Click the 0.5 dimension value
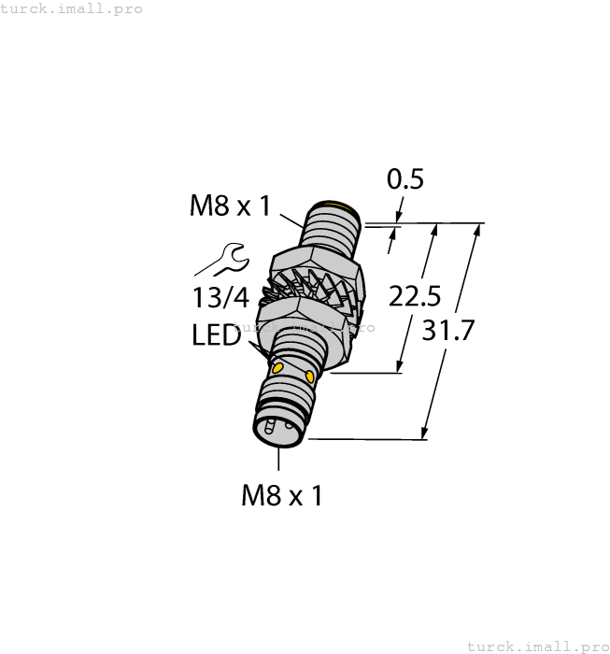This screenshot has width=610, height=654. tap(405, 178)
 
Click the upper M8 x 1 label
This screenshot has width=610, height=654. tap(230, 206)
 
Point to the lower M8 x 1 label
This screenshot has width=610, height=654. tap(281, 494)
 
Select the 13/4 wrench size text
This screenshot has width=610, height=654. tap(220, 297)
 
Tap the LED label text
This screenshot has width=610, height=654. tap(217, 335)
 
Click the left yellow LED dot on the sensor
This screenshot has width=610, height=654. tap(277, 370)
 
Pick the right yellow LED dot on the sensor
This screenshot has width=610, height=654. tap(311, 377)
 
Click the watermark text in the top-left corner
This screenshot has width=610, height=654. tap(72, 8)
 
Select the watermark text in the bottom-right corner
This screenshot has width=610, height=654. tap(536, 646)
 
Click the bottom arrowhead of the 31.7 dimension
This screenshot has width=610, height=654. tap(425, 433)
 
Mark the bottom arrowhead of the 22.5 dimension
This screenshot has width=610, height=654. tap(402, 367)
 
